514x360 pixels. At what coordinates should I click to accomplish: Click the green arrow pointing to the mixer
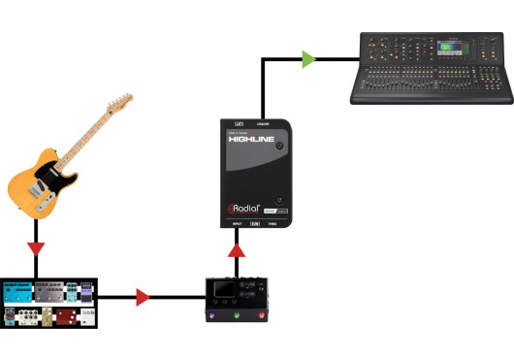click(x=308, y=59)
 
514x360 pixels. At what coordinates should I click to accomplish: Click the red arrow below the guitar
click(x=35, y=249)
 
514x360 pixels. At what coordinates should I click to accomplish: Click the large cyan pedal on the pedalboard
click(x=18, y=292)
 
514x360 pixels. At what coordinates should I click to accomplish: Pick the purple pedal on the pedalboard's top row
click(x=86, y=292)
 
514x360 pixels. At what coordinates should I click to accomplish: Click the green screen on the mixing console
click(x=449, y=47)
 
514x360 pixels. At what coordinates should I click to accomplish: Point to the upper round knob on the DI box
click(x=279, y=147)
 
